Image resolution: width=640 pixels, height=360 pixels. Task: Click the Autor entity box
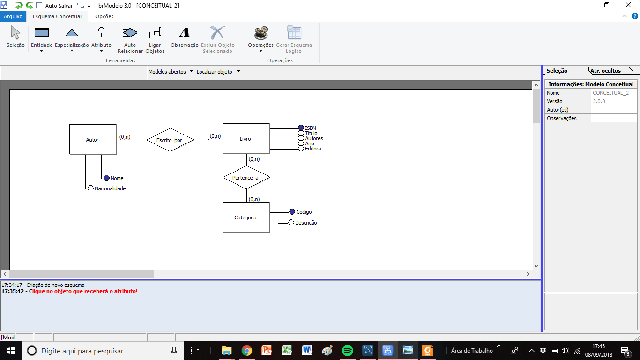[x=93, y=139]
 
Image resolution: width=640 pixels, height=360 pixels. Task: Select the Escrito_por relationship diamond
[x=170, y=140]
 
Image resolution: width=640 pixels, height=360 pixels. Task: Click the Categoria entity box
[x=246, y=217]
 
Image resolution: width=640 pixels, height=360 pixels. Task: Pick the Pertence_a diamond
[x=246, y=177]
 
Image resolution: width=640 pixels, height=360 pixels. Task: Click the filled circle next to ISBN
[x=301, y=127]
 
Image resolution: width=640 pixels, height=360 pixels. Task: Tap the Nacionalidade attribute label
[x=110, y=188]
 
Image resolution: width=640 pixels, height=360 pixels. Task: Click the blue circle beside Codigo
[x=292, y=211]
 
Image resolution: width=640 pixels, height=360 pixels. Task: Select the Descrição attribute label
[x=306, y=223]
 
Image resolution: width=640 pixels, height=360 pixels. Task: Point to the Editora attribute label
[x=313, y=149]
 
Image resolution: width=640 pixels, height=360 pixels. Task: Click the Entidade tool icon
[x=41, y=33]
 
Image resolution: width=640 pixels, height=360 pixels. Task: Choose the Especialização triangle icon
[x=72, y=33]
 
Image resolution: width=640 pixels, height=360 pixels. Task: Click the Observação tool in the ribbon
[x=184, y=37]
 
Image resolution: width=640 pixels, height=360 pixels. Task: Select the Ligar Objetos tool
[x=155, y=40]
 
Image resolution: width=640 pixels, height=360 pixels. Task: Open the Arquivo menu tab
[x=13, y=16]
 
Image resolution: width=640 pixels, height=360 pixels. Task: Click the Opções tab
[x=104, y=16]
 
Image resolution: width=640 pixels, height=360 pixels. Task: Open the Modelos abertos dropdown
[x=171, y=72]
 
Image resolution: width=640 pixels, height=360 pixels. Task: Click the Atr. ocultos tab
[x=606, y=71]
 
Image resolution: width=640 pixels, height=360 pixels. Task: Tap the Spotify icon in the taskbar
[x=348, y=350]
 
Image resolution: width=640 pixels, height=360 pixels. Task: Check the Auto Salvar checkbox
[x=39, y=6]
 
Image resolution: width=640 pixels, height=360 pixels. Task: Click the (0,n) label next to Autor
[x=125, y=137]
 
